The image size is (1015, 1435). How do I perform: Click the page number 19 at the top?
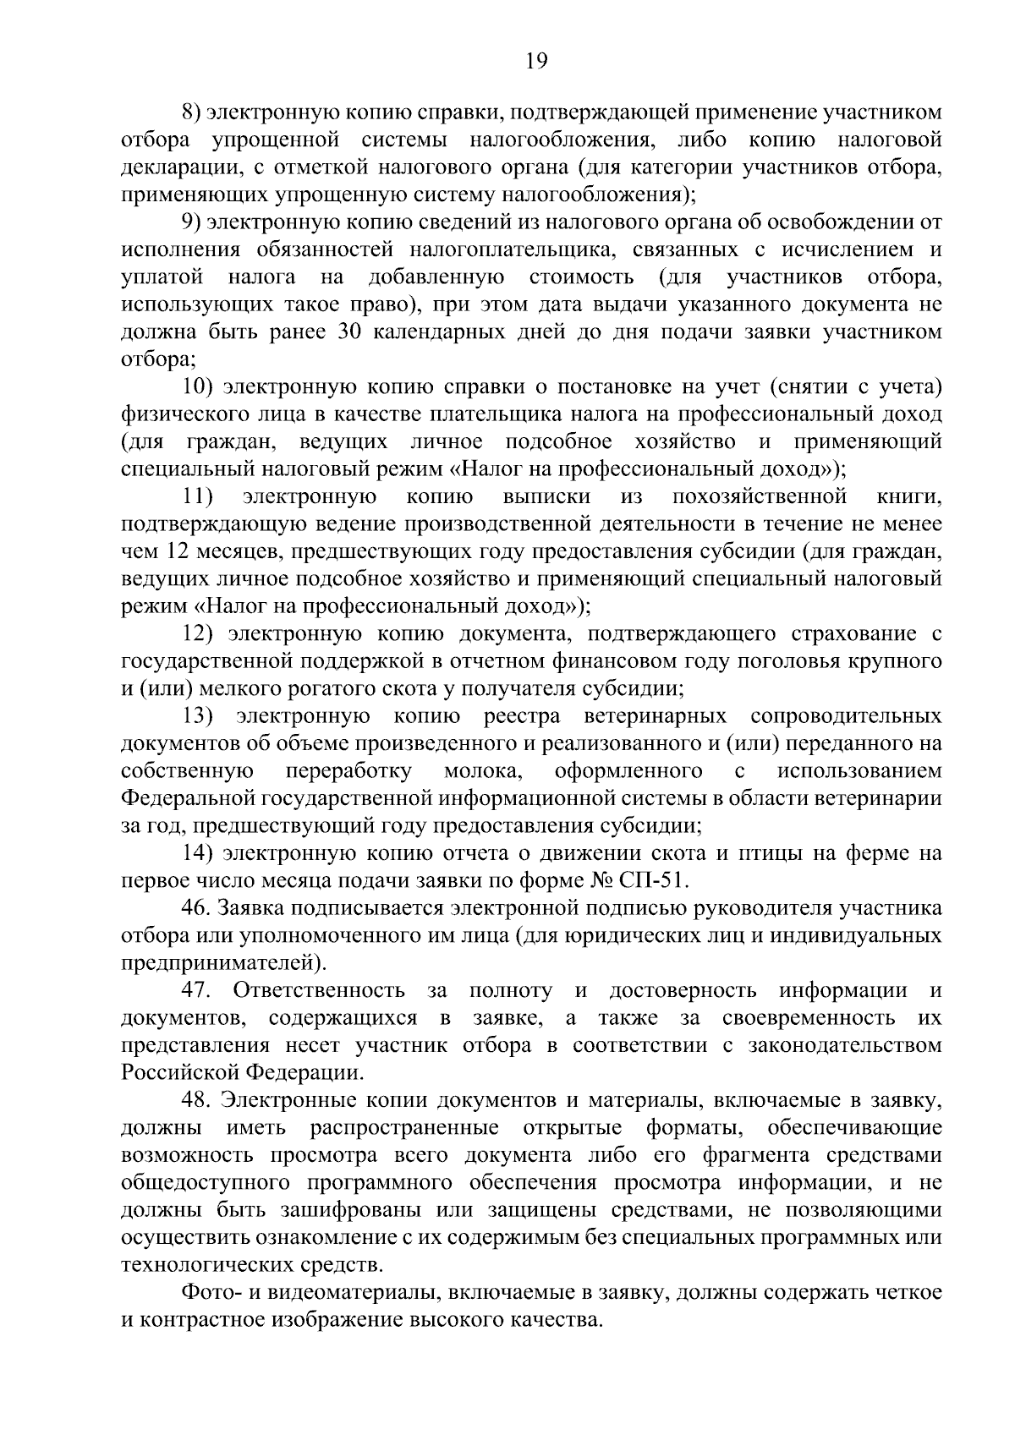(x=537, y=61)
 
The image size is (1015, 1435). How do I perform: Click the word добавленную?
(x=436, y=277)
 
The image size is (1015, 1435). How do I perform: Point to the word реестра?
(x=522, y=715)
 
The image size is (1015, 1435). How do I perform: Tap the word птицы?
(x=769, y=852)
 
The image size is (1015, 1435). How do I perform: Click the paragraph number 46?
(x=195, y=907)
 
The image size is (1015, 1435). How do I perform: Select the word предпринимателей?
(x=223, y=962)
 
